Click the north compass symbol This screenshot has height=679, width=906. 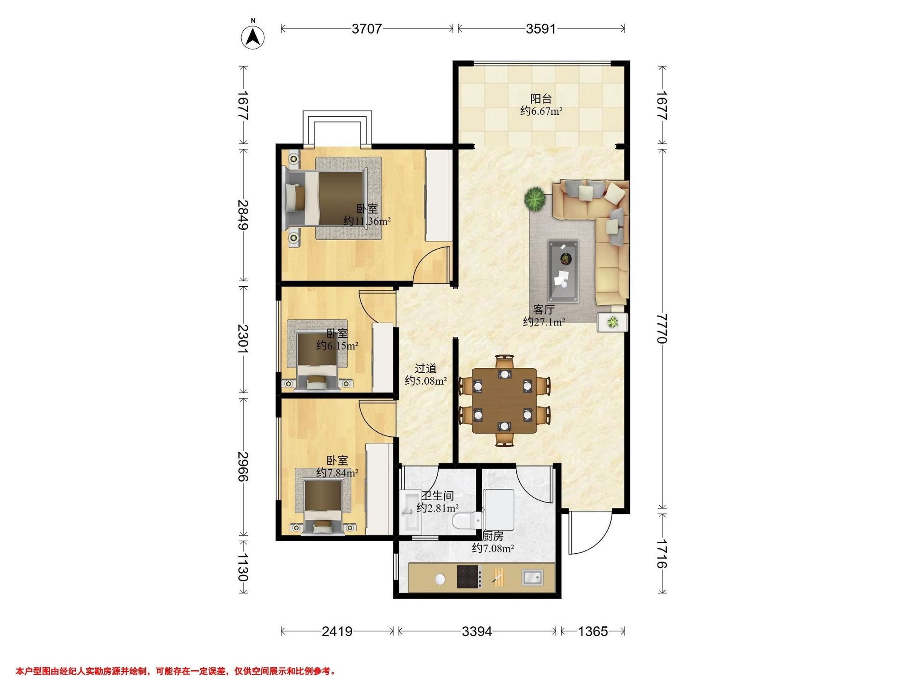pos(253,35)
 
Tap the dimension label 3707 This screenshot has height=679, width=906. pos(367,29)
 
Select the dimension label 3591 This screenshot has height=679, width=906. pos(541,29)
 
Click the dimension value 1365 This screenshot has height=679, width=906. pos(593,631)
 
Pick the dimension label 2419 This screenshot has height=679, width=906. pos(337,631)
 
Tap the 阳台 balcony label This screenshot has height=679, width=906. pos(541,98)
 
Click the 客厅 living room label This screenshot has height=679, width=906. pos(544,309)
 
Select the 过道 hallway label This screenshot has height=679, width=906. pos(425,368)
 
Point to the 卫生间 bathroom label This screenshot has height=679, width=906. pos(438,496)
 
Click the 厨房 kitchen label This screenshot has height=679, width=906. pos(492,536)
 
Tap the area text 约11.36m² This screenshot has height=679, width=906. pos(367,221)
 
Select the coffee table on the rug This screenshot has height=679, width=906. pos(564,272)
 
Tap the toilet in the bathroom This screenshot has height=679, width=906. pos(467,520)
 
